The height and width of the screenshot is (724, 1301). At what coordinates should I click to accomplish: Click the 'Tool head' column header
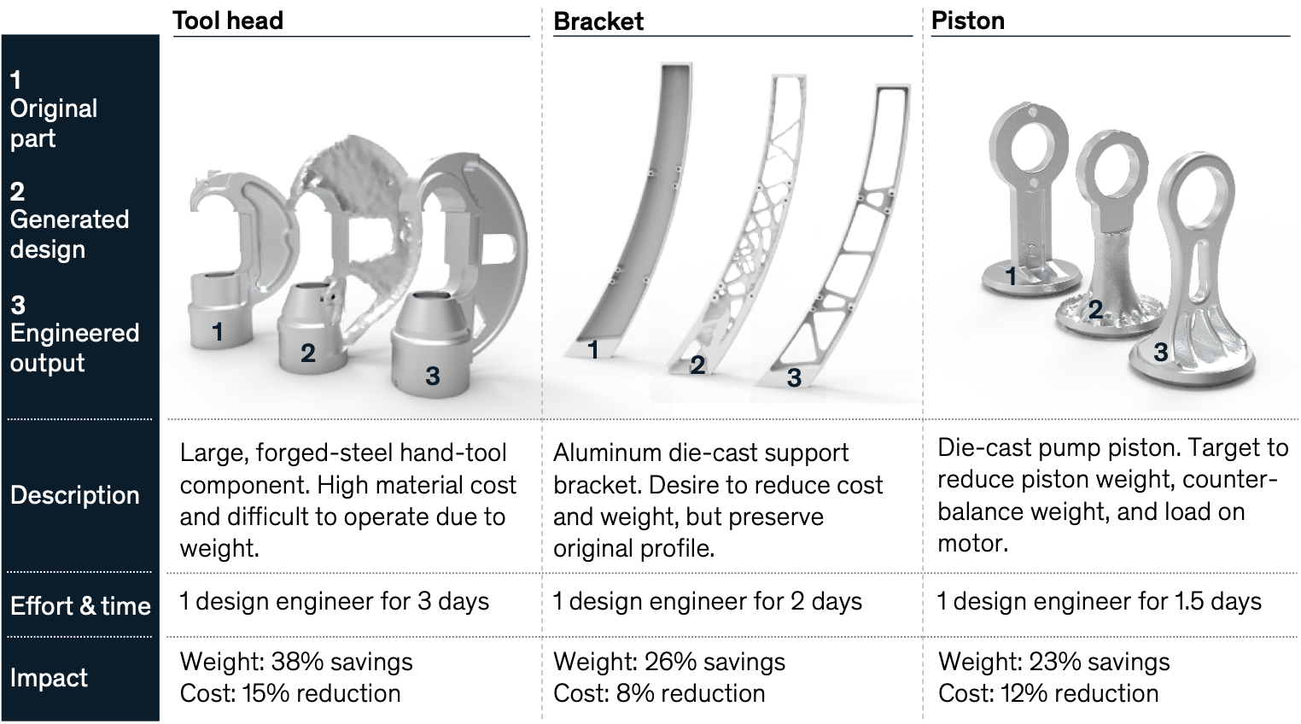(227, 20)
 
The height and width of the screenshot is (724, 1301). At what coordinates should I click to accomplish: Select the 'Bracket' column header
(598, 21)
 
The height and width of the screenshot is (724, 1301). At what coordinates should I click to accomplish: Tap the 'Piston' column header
(967, 20)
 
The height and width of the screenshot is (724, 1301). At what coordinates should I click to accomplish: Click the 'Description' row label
(74, 495)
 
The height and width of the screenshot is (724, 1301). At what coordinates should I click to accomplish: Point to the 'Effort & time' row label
(80, 606)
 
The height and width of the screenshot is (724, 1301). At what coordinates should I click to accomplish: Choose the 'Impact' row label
(49, 678)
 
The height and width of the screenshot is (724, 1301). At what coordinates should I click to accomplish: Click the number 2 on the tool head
(308, 352)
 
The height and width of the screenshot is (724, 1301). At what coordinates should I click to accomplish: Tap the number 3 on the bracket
(794, 377)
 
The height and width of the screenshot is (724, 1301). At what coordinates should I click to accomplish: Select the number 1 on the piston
(1011, 276)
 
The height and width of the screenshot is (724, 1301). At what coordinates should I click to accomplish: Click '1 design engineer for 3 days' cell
(334, 601)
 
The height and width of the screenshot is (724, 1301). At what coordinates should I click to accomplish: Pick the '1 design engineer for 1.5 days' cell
(1099, 601)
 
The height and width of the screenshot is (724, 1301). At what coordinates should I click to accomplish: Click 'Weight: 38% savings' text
(295, 662)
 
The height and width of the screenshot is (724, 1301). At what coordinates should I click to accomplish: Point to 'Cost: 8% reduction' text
(659, 693)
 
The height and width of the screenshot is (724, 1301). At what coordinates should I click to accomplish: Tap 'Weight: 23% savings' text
(1053, 662)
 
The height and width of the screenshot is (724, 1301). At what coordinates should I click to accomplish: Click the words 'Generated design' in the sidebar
(69, 234)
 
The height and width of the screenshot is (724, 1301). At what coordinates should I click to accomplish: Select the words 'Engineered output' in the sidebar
(74, 347)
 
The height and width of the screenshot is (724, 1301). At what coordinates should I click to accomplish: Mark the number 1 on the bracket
(593, 349)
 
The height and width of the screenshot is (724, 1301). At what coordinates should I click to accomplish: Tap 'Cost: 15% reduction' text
(289, 693)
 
